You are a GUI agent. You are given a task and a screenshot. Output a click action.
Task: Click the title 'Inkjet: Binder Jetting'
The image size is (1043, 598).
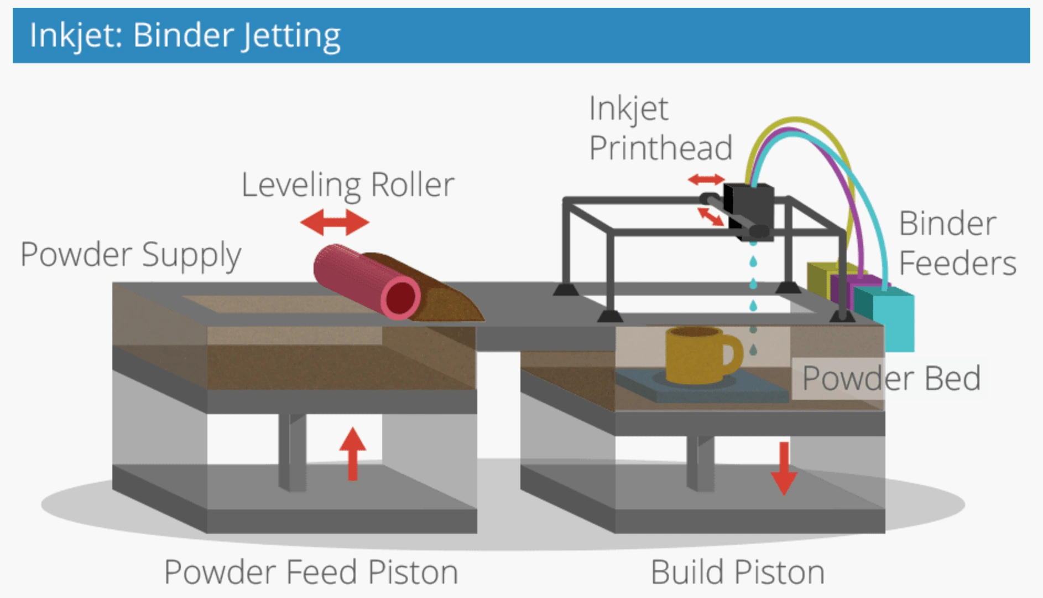(x=185, y=35)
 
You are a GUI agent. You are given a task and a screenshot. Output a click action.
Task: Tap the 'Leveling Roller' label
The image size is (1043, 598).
(x=348, y=185)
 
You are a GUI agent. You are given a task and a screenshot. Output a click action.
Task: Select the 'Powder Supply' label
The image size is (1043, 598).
(x=131, y=255)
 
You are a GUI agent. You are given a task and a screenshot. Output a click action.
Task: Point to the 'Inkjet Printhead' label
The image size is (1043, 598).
(x=660, y=128)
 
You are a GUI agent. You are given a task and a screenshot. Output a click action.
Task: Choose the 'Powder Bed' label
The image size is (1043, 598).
(x=891, y=378)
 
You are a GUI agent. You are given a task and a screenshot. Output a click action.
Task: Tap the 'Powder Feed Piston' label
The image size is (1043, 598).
(x=311, y=572)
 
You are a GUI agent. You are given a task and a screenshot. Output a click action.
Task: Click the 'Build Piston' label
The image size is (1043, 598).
(x=737, y=572)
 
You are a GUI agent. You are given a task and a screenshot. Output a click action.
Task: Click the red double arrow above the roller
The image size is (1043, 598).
(x=335, y=223)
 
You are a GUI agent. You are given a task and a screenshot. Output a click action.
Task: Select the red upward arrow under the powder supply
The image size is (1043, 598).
(x=353, y=453)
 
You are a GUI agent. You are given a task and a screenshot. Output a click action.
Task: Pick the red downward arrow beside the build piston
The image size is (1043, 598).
(x=784, y=468)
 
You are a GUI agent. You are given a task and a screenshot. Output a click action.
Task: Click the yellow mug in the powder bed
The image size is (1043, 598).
(x=695, y=354)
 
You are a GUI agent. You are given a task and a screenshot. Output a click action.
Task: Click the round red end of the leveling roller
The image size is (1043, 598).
(x=400, y=298)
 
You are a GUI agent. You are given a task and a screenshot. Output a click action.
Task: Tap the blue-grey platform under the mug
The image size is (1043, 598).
(x=702, y=388)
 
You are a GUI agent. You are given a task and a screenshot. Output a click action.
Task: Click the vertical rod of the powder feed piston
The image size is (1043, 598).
(x=292, y=451)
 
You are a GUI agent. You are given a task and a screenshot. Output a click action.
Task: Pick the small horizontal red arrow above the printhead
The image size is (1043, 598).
(x=706, y=179)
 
